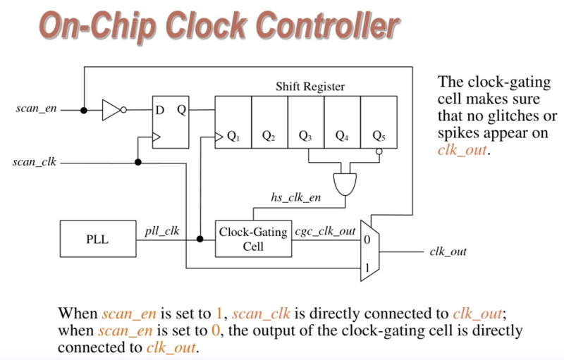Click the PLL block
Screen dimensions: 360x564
pyautogui.click(x=97, y=240)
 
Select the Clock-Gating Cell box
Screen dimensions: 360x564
pyautogui.click(x=252, y=239)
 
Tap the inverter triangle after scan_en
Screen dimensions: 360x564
pyautogui.click(x=113, y=110)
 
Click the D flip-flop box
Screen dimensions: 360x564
pyautogui.click(x=171, y=122)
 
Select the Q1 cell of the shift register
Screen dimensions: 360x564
pyautogui.click(x=233, y=122)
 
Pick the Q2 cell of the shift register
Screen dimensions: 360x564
pyautogui.click(x=269, y=122)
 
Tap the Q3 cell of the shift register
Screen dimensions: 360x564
pyautogui.click(x=306, y=122)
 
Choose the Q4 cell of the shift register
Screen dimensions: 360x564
pyautogui.click(x=342, y=122)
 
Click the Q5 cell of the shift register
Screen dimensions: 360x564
pyautogui.click(x=379, y=122)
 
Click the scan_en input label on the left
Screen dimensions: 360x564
pyautogui.click(x=36, y=110)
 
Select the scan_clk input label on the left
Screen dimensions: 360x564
pyautogui.click(x=35, y=163)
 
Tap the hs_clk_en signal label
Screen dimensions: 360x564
pyautogui.click(x=295, y=199)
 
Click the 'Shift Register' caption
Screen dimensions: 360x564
pyautogui.click(x=309, y=87)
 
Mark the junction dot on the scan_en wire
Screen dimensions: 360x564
pyautogui.click(x=84, y=110)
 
